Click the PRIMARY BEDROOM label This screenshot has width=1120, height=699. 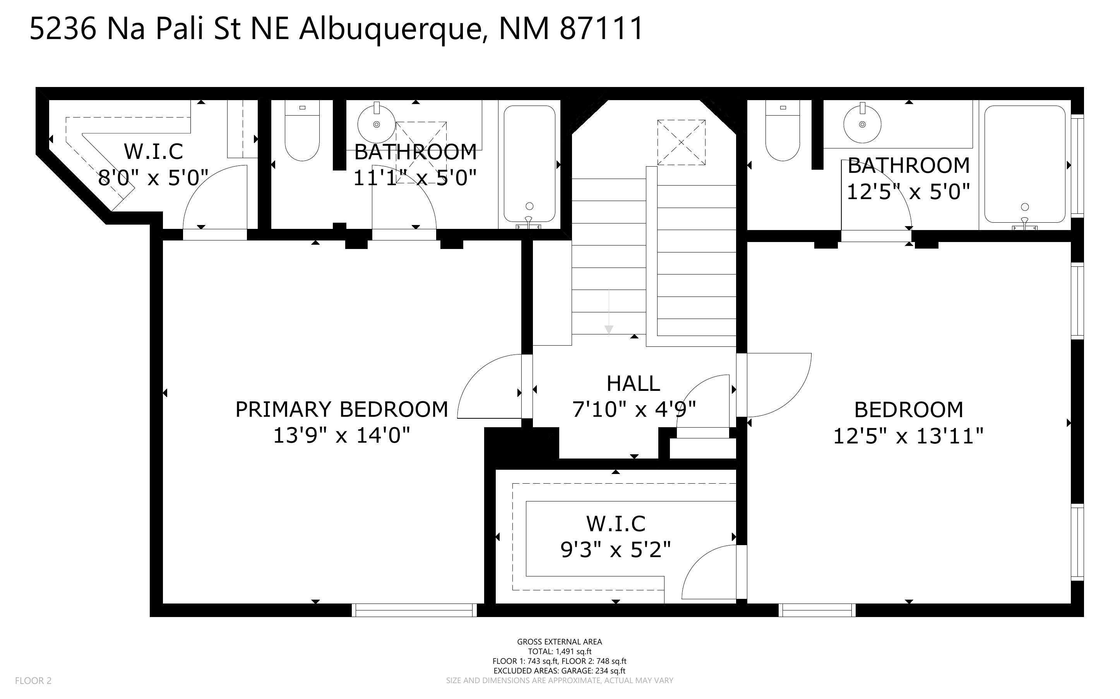[x=341, y=409]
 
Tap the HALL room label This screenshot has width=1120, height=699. [x=633, y=384]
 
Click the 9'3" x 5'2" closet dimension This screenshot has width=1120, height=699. [x=615, y=550]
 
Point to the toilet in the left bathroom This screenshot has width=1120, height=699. [x=302, y=132]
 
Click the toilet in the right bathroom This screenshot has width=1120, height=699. [x=782, y=132]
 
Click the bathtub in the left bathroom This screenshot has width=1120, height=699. [x=529, y=164]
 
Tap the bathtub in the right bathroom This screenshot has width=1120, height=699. [x=1024, y=164]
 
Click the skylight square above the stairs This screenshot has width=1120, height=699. [x=681, y=142]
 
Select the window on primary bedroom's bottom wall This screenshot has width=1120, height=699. [x=414, y=610]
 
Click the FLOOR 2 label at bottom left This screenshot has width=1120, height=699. [x=33, y=680]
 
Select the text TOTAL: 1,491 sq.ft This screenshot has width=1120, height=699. [x=559, y=651]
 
